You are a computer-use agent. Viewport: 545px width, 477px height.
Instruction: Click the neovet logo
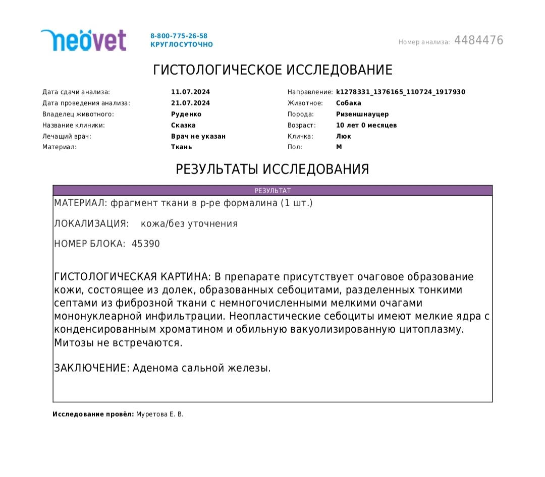click(x=83, y=40)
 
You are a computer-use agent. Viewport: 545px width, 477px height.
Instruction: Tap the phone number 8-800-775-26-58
click(x=179, y=36)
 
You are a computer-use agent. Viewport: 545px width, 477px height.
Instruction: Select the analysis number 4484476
click(x=478, y=40)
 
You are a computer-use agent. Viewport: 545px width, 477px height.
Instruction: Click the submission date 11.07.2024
click(x=190, y=92)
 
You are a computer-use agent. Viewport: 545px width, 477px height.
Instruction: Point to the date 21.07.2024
click(x=190, y=103)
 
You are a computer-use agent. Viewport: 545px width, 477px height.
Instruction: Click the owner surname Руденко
click(x=186, y=114)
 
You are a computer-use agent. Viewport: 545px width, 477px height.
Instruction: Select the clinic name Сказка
click(x=183, y=126)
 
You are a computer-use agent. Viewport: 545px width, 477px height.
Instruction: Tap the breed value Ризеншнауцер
click(x=362, y=114)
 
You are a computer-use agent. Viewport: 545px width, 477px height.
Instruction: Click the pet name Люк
click(x=343, y=137)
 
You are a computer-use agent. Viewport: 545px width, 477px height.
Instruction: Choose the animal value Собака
click(x=349, y=103)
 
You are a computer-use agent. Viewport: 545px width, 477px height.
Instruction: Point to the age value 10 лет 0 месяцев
click(x=366, y=126)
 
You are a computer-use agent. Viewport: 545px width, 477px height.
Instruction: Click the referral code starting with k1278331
click(x=400, y=92)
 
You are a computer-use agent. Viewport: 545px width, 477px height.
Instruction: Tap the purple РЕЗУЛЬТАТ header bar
click(x=272, y=191)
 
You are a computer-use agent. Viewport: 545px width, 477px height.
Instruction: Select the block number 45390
click(x=145, y=244)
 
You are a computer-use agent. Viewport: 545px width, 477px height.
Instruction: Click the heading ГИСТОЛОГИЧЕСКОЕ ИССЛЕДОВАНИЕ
click(x=272, y=70)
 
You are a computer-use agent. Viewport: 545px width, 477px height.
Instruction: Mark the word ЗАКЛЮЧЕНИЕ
click(x=91, y=368)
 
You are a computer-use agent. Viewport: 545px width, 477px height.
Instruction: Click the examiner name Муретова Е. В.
click(x=160, y=414)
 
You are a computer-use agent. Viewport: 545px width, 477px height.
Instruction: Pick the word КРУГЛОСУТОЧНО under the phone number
click(x=181, y=45)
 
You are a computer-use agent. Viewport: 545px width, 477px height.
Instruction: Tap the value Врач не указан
click(x=198, y=137)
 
